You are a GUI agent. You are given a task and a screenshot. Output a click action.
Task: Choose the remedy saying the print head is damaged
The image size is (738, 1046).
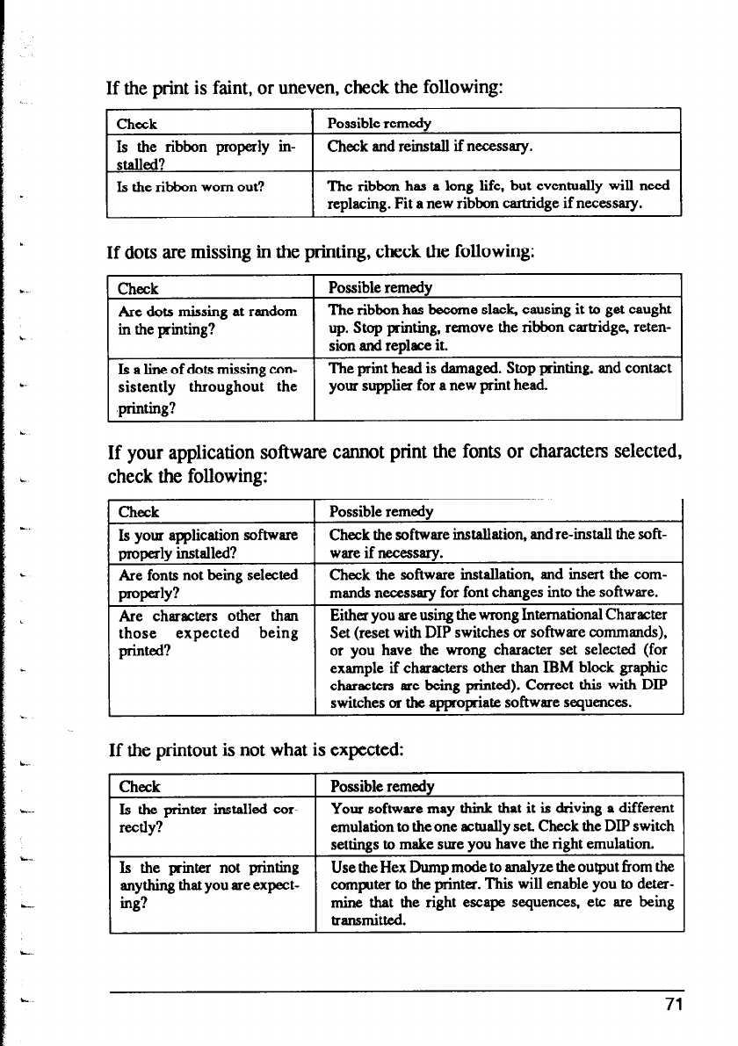498,375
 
